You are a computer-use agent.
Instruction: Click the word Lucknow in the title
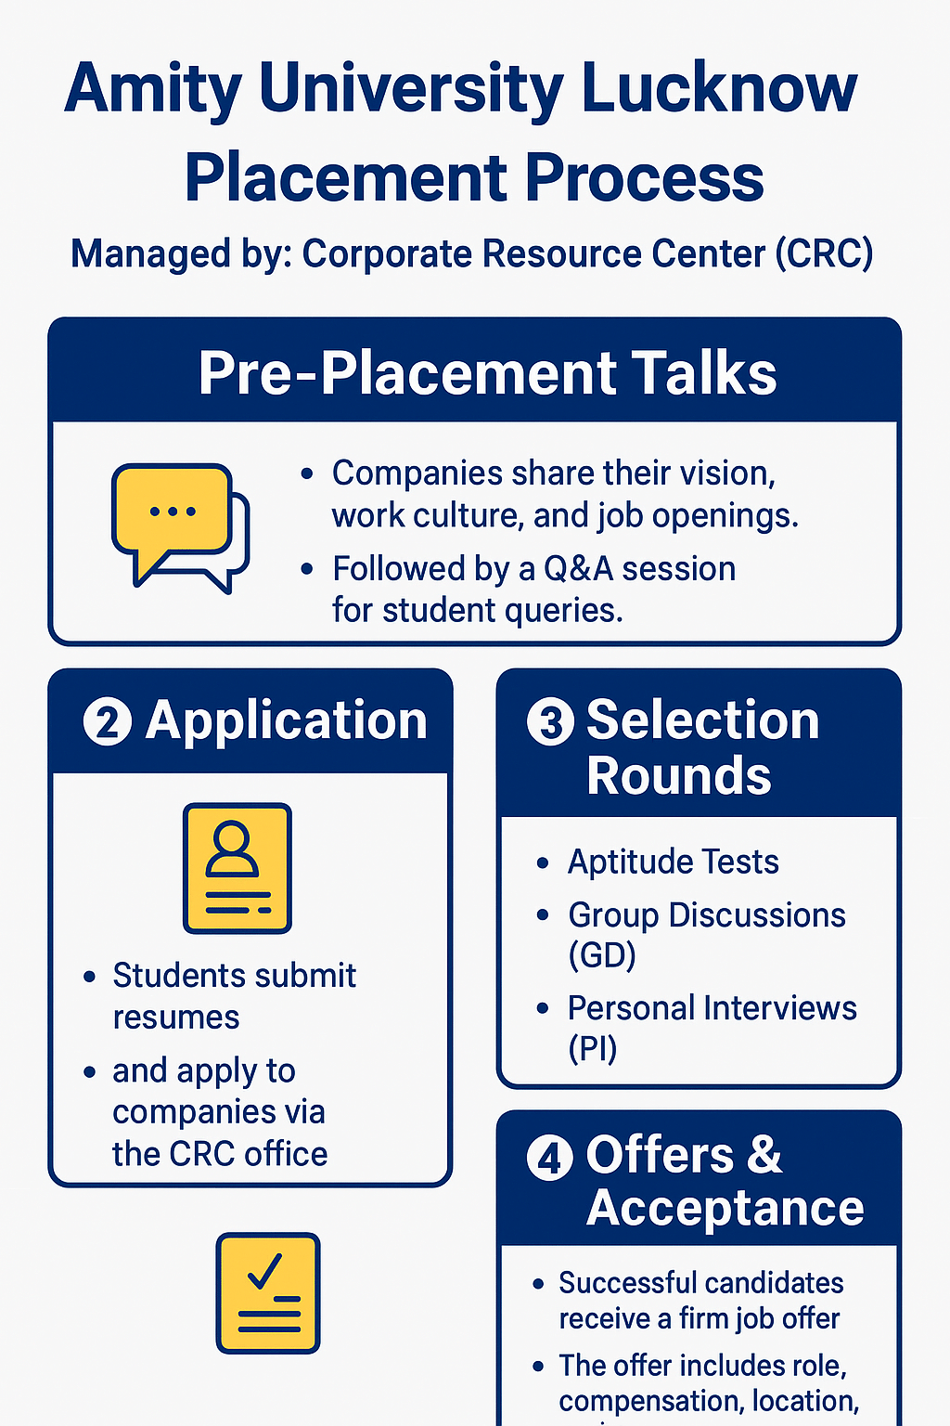(x=719, y=89)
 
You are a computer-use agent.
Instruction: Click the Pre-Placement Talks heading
(x=487, y=373)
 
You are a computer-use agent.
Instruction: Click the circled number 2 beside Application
(x=108, y=722)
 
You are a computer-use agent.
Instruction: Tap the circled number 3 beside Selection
(x=551, y=721)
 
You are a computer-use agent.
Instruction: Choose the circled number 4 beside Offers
(x=550, y=1158)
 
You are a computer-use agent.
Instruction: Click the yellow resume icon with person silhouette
(x=237, y=868)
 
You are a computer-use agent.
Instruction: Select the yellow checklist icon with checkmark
(x=267, y=1293)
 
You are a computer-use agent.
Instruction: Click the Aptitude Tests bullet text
(x=673, y=862)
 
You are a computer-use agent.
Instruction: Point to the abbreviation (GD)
(x=602, y=954)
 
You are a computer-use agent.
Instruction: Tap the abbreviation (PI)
(x=592, y=1048)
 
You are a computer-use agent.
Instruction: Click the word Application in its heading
(x=286, y=721)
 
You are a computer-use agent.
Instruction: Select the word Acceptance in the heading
(x=725, y=1208)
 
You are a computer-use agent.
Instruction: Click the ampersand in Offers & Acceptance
(x=764, y=1155)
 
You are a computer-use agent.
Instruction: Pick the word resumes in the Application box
(x=176, y=1018)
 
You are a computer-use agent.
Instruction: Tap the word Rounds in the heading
(x=678, y=775)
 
